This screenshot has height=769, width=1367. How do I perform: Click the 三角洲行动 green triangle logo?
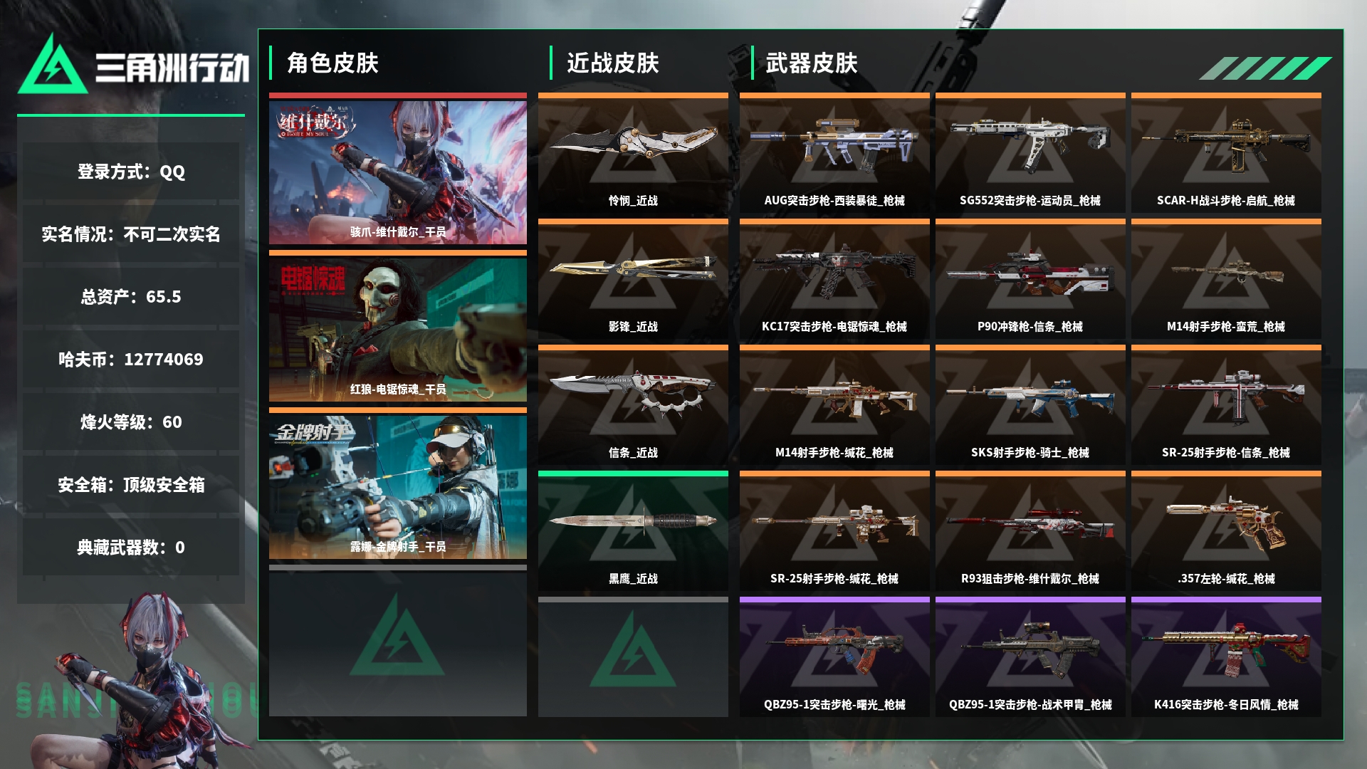pyautogui.click(x=53, y=66)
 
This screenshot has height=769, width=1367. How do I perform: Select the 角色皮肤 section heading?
pyautogui.click(x=332, y=63)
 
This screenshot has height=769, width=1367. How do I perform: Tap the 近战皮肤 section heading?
pyautogui.click(x=613, y=63)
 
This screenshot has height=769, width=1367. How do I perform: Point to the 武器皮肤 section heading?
pyautogui.click(x=812, y=63)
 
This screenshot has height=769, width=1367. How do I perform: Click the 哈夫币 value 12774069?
pyautogui.click(x=164, y=360)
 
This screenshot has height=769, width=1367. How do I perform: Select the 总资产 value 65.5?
pyautogui.click(x=164, y=297)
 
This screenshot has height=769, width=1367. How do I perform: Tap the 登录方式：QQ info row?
pyautogui.click(x=131, y=172)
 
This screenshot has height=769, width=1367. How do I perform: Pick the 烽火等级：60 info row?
pyautogui.click(x=131, y=422)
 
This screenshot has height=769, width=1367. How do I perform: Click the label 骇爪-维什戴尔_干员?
pyautogui.click(x=398, y=232)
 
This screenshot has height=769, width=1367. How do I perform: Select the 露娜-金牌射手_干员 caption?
pyautogui.click(x=398, y=547)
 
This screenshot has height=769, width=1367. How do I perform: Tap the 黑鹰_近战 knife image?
pyautogui.click(x=633, y=520)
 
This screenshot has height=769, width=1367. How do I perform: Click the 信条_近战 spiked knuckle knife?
pyautogui.click(x=633, y=392)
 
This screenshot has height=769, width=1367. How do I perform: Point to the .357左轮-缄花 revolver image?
pyautogui.click(x=1226, y=523)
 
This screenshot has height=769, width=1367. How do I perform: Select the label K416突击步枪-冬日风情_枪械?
pyautogui.click(x=1226, y=705)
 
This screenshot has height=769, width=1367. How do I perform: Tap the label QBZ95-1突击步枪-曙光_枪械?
pyautogui.click(x=834, y=705)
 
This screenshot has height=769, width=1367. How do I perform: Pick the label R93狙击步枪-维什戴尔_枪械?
pyautogui.click(x=1030, y=579)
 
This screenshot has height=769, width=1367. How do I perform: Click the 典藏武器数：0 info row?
pyautogui.click(x=131, y=548)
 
